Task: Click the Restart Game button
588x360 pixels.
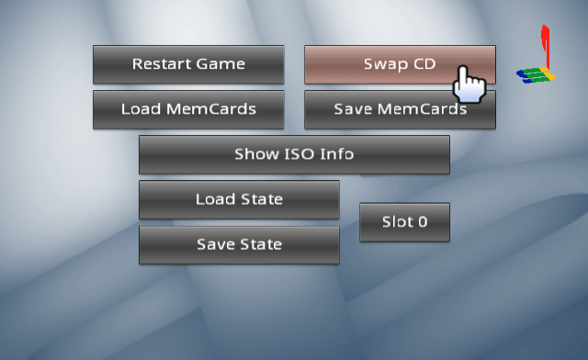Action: point(188,64)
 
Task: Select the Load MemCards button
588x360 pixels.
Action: point(188,109)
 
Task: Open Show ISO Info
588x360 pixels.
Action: point(294,154)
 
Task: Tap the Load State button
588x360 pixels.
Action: point(239,199)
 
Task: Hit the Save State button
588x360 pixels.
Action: point(239,244)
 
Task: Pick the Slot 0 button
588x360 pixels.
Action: point(404,222)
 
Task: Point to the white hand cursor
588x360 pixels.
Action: point(469,84)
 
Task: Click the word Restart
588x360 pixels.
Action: point(162,64)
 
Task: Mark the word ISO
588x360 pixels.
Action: point(295,154)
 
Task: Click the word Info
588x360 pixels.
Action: point(336,154)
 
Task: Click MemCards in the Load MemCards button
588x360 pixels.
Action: point(218,109)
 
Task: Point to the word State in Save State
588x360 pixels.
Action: point(261,244)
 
